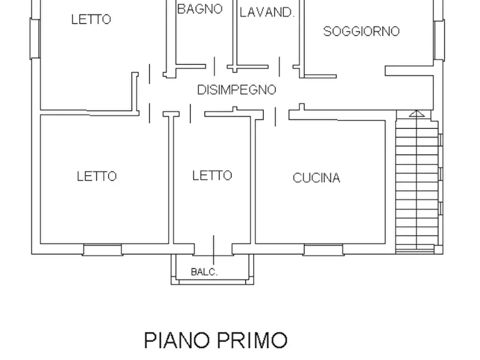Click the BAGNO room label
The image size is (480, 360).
click(199, 9)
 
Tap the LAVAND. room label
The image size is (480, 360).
click(267, 13)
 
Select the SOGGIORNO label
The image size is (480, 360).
click(361, 31)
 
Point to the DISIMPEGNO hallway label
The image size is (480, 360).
click(237, 90)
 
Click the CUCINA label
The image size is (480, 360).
click(316, 178)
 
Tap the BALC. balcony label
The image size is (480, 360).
click(204, 272)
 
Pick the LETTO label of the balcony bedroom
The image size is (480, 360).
click(212, 175)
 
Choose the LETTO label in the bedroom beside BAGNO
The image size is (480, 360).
click(91, 19)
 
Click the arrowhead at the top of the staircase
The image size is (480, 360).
click(416, 113)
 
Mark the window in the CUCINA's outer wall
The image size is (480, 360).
click(323, 250)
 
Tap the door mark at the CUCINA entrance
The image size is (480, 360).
click(276, 116)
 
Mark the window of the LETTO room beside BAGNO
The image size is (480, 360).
click(35, 39)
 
